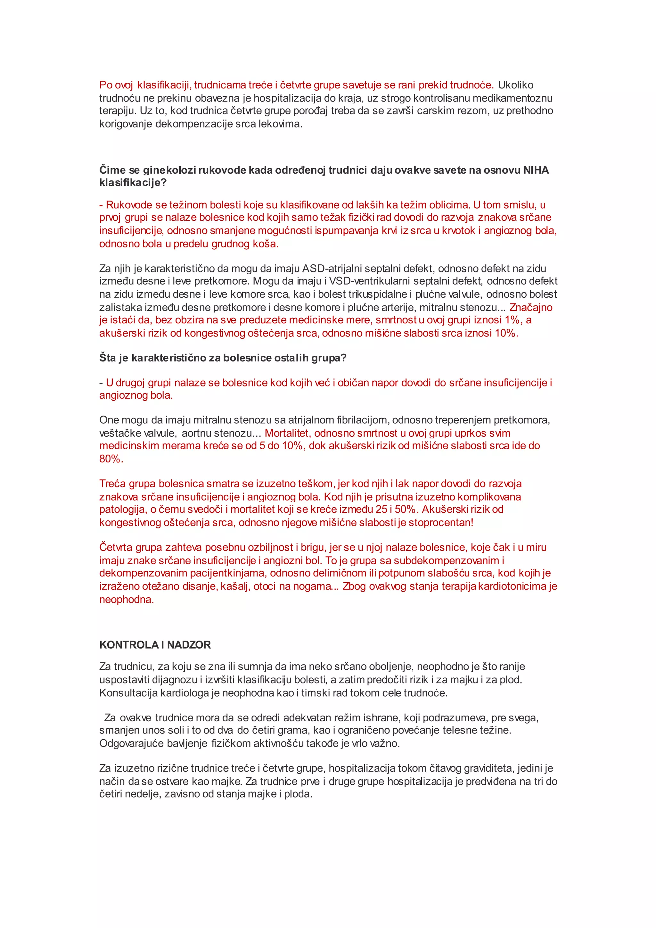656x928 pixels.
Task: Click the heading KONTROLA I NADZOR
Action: pyautogui.click(x=155, y=645)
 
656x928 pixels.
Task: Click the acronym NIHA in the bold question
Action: pyautogui.click(x=536, y=170)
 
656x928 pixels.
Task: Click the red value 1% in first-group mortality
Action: pyautogui.click(x=512, y=320)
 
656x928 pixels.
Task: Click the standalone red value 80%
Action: pyautogui.click(x=111, y=459)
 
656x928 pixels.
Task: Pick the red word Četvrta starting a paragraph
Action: pyautogui.click(x=116, y=547)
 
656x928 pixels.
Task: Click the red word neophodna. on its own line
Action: pyautogui.click(x=127, y=600)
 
